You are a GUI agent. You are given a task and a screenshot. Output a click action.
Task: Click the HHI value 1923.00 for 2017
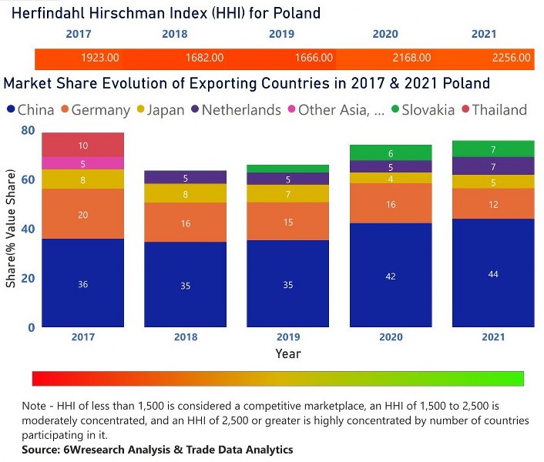(x=99, y=58)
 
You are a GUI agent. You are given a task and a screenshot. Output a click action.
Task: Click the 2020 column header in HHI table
(x=384, y=35)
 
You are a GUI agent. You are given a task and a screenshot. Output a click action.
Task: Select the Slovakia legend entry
(x=422, y=110)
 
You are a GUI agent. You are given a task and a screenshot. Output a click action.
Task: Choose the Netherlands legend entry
(x=240, y=110)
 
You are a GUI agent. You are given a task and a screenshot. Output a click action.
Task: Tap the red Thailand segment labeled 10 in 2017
(x=82, y=145)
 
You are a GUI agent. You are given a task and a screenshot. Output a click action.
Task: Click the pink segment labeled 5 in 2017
(x=82, y=163)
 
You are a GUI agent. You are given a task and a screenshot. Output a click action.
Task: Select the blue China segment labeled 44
(x=493, y=273)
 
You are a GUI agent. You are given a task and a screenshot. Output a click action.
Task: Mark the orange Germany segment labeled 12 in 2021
(x=493, y=204)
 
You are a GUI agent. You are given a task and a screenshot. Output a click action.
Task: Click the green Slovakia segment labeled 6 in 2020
(x=391, y=153)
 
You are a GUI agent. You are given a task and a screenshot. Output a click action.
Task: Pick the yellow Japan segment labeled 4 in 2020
(x=391, y=178)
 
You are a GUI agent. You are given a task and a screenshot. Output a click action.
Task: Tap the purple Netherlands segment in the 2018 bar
(x=186, y=178)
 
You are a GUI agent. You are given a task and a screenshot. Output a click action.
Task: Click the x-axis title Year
(x=288, y=353)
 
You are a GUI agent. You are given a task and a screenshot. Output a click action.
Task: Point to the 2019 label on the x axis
(x=288, y=337)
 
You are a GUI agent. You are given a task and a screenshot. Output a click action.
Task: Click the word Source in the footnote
(x=42, y=449)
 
